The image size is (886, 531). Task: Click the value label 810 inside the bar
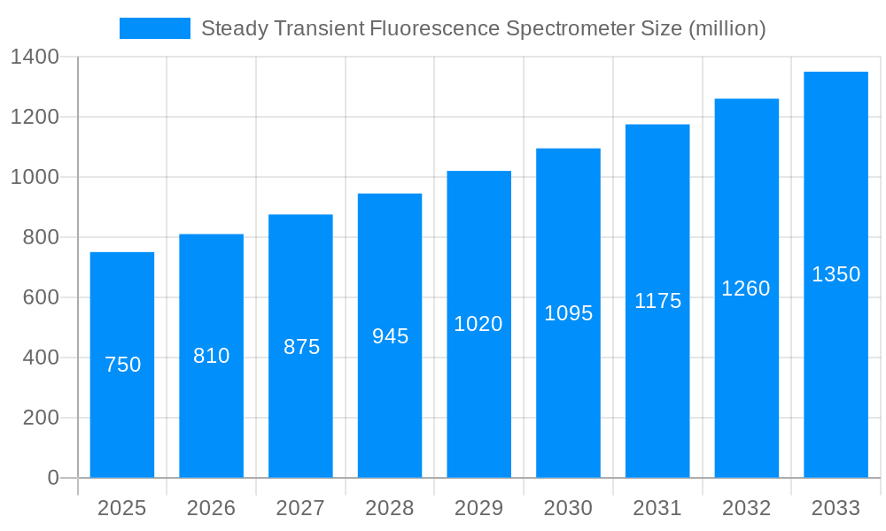[x=212, y=356]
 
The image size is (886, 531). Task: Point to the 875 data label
[x=301, y=347]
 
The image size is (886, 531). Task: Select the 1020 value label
[x=478, y=324]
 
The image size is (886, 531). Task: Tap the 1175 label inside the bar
[x=657, y=301]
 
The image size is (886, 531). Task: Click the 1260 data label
[x=746, y=289]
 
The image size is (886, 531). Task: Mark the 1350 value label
[x=835, y=274]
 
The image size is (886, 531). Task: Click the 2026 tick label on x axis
[x=212, y=508]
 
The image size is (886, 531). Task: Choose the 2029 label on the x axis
[x=478, y=508]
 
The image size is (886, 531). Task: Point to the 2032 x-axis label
[x=746, y=508]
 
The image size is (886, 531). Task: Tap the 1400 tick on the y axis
[x=35, y=58]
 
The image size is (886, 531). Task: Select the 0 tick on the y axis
[x=52, y=478]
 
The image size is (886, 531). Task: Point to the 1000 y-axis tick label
[x=35, y=177]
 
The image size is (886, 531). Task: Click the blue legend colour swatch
[x=155, y=28]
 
